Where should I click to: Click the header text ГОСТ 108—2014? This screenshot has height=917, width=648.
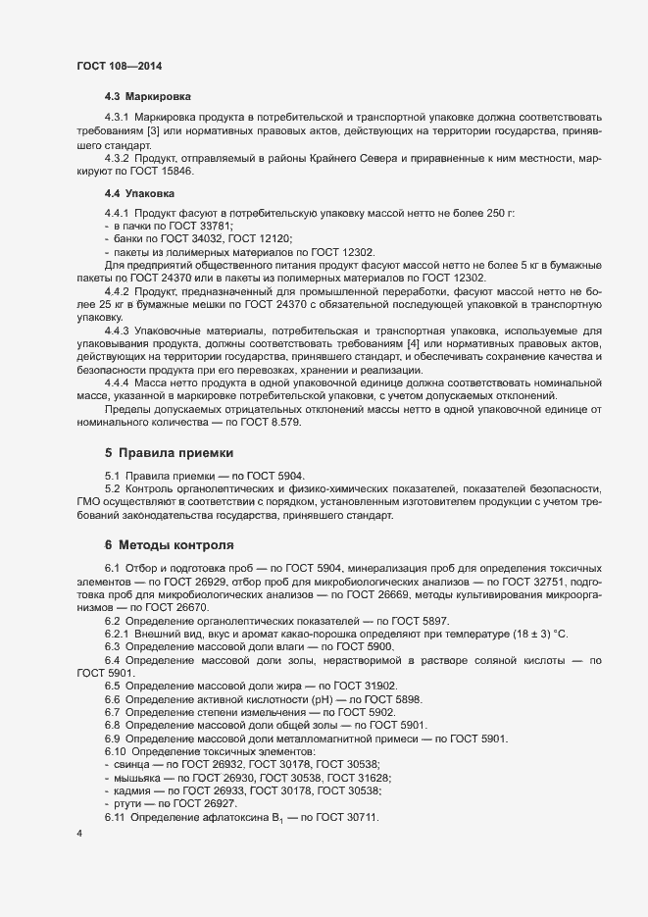(x=119, y=66)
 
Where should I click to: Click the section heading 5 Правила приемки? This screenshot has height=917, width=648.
(x=170, y=453)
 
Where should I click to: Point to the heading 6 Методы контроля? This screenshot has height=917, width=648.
(x=169, y=543)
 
